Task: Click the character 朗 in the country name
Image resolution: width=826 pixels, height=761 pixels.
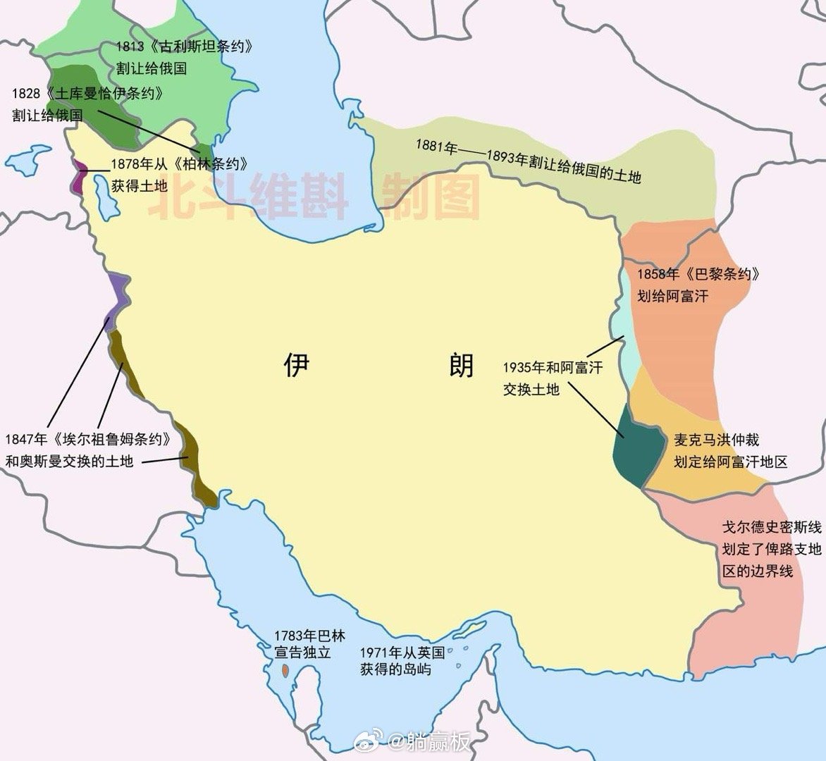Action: coord(462,365)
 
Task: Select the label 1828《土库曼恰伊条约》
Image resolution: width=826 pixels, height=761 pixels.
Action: coord(87,94)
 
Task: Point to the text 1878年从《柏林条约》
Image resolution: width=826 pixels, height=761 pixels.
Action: coord(180,165)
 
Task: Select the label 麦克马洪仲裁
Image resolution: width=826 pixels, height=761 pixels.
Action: coord(717,440)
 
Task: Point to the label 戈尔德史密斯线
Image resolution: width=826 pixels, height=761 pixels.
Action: coord(772,527)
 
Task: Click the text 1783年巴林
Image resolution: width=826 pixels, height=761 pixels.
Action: coord(311,636)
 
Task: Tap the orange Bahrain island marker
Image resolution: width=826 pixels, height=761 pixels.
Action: coord(285,670)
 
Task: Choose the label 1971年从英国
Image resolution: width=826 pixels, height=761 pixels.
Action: coord(402,652)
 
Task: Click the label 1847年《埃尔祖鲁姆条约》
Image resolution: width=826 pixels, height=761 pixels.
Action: coord(89,439)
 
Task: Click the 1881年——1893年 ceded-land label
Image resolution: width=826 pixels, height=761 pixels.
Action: coord(528,161)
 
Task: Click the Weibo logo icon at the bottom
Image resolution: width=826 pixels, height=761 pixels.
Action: coord(374,741)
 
